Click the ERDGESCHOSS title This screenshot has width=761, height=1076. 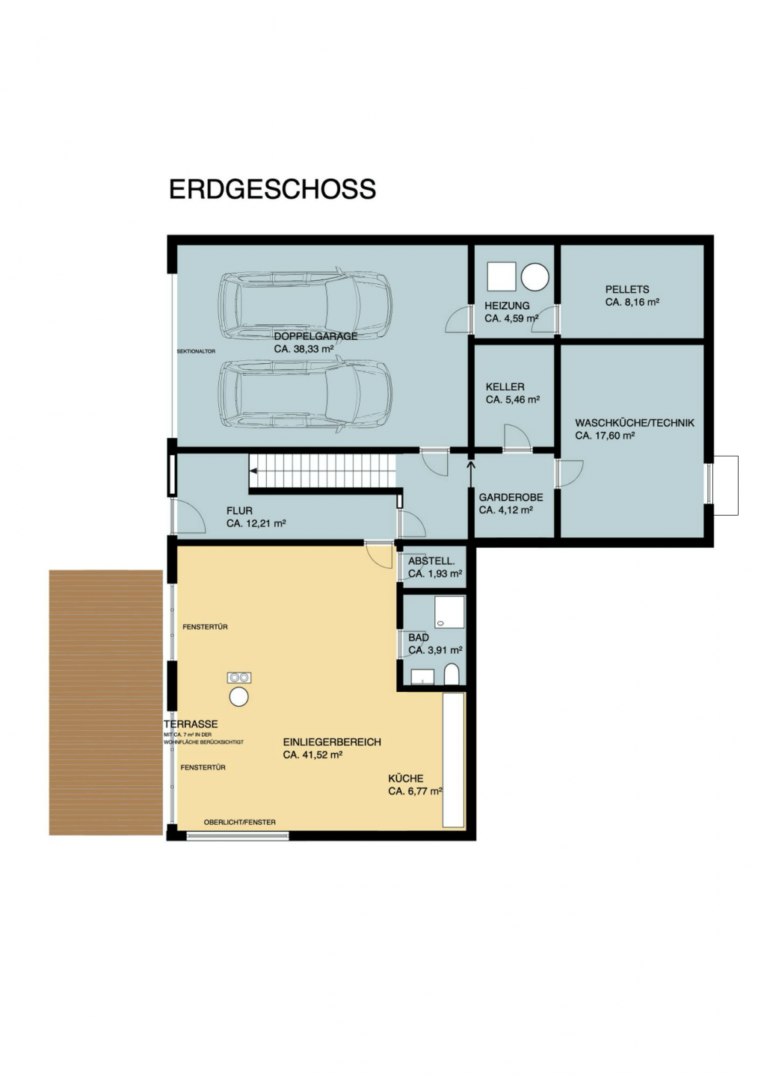click(272, 189)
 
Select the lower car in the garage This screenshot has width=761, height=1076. click(305, 393)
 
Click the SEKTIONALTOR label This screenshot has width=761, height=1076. click(196, 351)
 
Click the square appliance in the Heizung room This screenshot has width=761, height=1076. click(502, 276)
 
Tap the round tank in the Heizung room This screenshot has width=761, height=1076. click(534, 276)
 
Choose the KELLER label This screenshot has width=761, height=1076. click(505, 387)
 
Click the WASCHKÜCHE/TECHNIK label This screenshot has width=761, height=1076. click(635, 423)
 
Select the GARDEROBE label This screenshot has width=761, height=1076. click(511, 498)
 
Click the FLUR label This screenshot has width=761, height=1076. click(239, 511)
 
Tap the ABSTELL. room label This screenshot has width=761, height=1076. click(431, 561)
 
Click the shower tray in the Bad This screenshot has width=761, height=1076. click(450, 612)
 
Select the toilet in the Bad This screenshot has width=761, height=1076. click(452, 675)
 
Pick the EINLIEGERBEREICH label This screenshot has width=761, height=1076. click(332, 742)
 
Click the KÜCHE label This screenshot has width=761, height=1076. click(405, 779)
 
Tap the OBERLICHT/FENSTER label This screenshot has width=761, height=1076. click(240, 823)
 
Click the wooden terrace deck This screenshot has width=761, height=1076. click(105, 702)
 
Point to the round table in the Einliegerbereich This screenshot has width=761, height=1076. click(238, 696)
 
